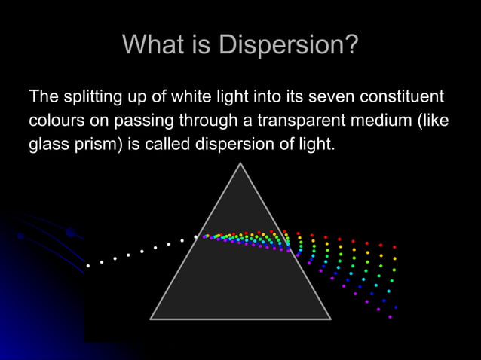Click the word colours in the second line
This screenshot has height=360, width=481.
(56, 121)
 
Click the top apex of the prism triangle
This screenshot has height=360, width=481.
(240, 164)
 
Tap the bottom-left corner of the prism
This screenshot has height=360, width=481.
(152, 319)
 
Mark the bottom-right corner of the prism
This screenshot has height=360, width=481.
(330, 319)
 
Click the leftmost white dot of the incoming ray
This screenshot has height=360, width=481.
(88, 266)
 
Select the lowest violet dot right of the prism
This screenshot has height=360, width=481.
(390, 317)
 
